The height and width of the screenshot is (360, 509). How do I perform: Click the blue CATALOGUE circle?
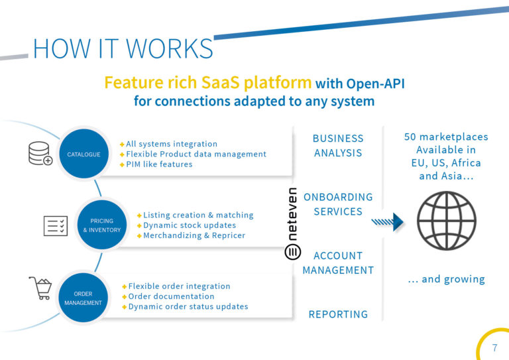tap(84, 154)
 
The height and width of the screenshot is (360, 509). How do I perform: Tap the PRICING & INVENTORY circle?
tap(102, 225)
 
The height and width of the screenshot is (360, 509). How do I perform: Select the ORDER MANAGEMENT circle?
tap(83, 298)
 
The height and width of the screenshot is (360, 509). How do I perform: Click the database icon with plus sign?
tap(40, 153)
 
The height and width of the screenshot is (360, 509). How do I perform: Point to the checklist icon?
tap(56, 225)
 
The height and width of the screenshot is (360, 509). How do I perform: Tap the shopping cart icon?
tap(40, 288)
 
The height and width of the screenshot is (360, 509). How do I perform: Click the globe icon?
tap(446, 221)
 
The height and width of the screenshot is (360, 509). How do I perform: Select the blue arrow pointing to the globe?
tap(387, 222)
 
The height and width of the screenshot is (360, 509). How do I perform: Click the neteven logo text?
tap(292, 214)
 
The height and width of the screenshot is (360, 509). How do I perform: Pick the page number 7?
tap(494, 347)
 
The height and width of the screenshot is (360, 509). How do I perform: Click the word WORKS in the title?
tap(169, 48)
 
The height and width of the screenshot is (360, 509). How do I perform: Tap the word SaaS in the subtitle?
tap(221, 82)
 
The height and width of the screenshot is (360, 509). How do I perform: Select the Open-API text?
tap(375, 84)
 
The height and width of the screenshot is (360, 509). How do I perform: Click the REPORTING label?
tap(338, 314)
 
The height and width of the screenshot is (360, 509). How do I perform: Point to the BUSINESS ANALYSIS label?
tap(338, 145)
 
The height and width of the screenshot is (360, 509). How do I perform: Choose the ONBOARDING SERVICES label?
tap(338, 204)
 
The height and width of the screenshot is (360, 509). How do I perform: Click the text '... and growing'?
tap(446, 279)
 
